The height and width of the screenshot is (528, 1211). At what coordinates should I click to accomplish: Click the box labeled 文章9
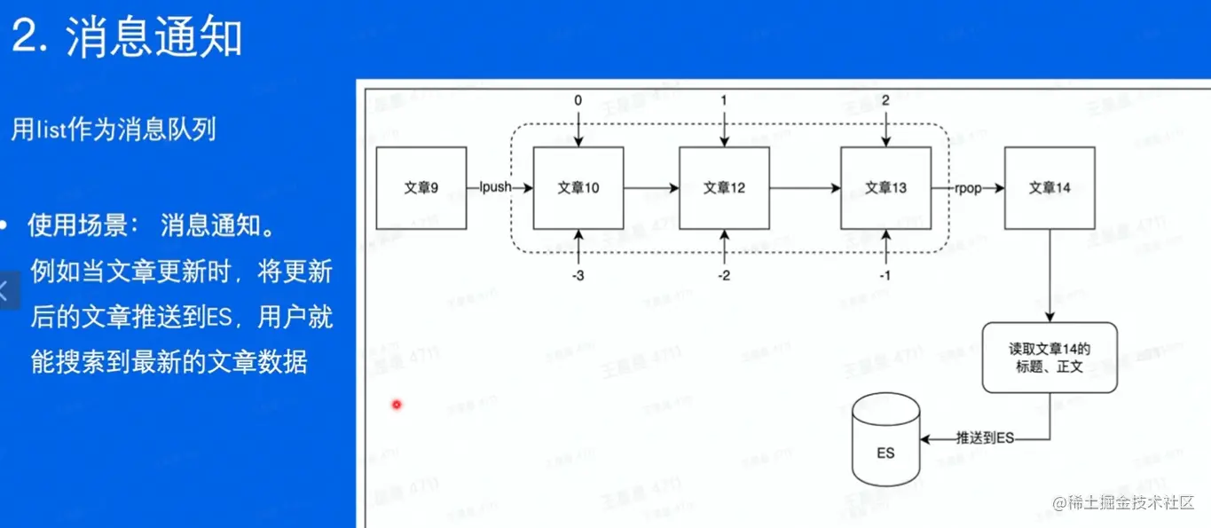click(421, 188)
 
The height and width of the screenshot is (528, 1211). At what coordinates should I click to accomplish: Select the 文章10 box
click(578, 188)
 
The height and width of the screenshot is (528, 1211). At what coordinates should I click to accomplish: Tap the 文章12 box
click(724, 188)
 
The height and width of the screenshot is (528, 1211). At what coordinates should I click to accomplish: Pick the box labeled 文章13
click(885, 188)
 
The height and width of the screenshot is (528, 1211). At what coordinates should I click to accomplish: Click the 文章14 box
click(1050, 188)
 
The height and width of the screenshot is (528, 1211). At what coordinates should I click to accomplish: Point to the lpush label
click(493, 188)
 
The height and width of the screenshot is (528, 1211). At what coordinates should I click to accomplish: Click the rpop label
click(968, 188)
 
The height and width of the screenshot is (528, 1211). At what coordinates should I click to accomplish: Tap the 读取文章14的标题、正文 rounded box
click(1050, 358)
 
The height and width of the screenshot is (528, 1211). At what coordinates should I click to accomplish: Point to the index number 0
click(578, 101)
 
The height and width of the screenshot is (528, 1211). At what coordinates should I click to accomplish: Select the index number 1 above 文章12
click(724, 101)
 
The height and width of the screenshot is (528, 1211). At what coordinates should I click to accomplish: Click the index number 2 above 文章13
click(885, 101)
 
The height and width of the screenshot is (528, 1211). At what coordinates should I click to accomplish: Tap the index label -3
click(578, 276)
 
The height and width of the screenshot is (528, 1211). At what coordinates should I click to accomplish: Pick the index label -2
click(724, 276)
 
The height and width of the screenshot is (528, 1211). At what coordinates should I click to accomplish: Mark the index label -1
click(885, 276)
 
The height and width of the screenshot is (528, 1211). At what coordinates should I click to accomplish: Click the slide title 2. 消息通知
click(128, 37)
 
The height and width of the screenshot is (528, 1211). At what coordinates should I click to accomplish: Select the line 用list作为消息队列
click(114, 130)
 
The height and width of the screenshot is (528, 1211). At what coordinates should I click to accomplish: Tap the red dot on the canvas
click(397, 405)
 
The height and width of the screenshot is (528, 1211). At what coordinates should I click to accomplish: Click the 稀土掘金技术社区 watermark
click(1125, 503)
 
